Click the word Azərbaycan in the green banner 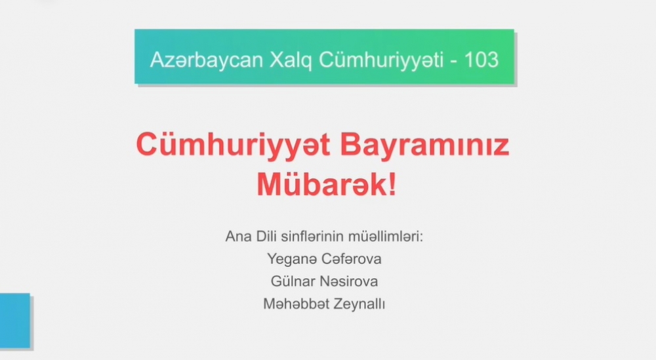pos(206,60)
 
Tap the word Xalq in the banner pos(291,60)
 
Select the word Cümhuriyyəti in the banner pos(381,60)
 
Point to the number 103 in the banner pos(482,60)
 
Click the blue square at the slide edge pos(15,321)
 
